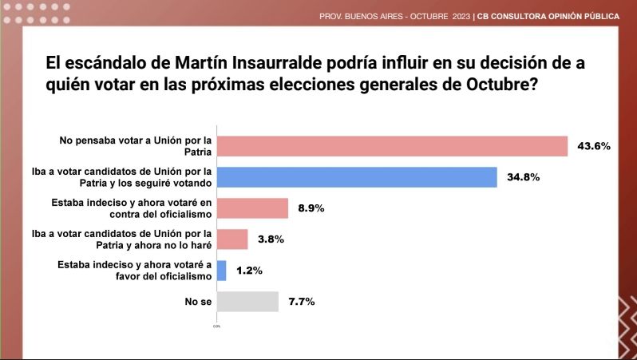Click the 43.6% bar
coord(392,146)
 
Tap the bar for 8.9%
coord(252,208)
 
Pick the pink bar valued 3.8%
coord(232,239)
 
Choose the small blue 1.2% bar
coord(221,271)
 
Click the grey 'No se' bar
coord(247,302)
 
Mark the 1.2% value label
coord(248,271)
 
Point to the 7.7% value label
coord(300,302)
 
